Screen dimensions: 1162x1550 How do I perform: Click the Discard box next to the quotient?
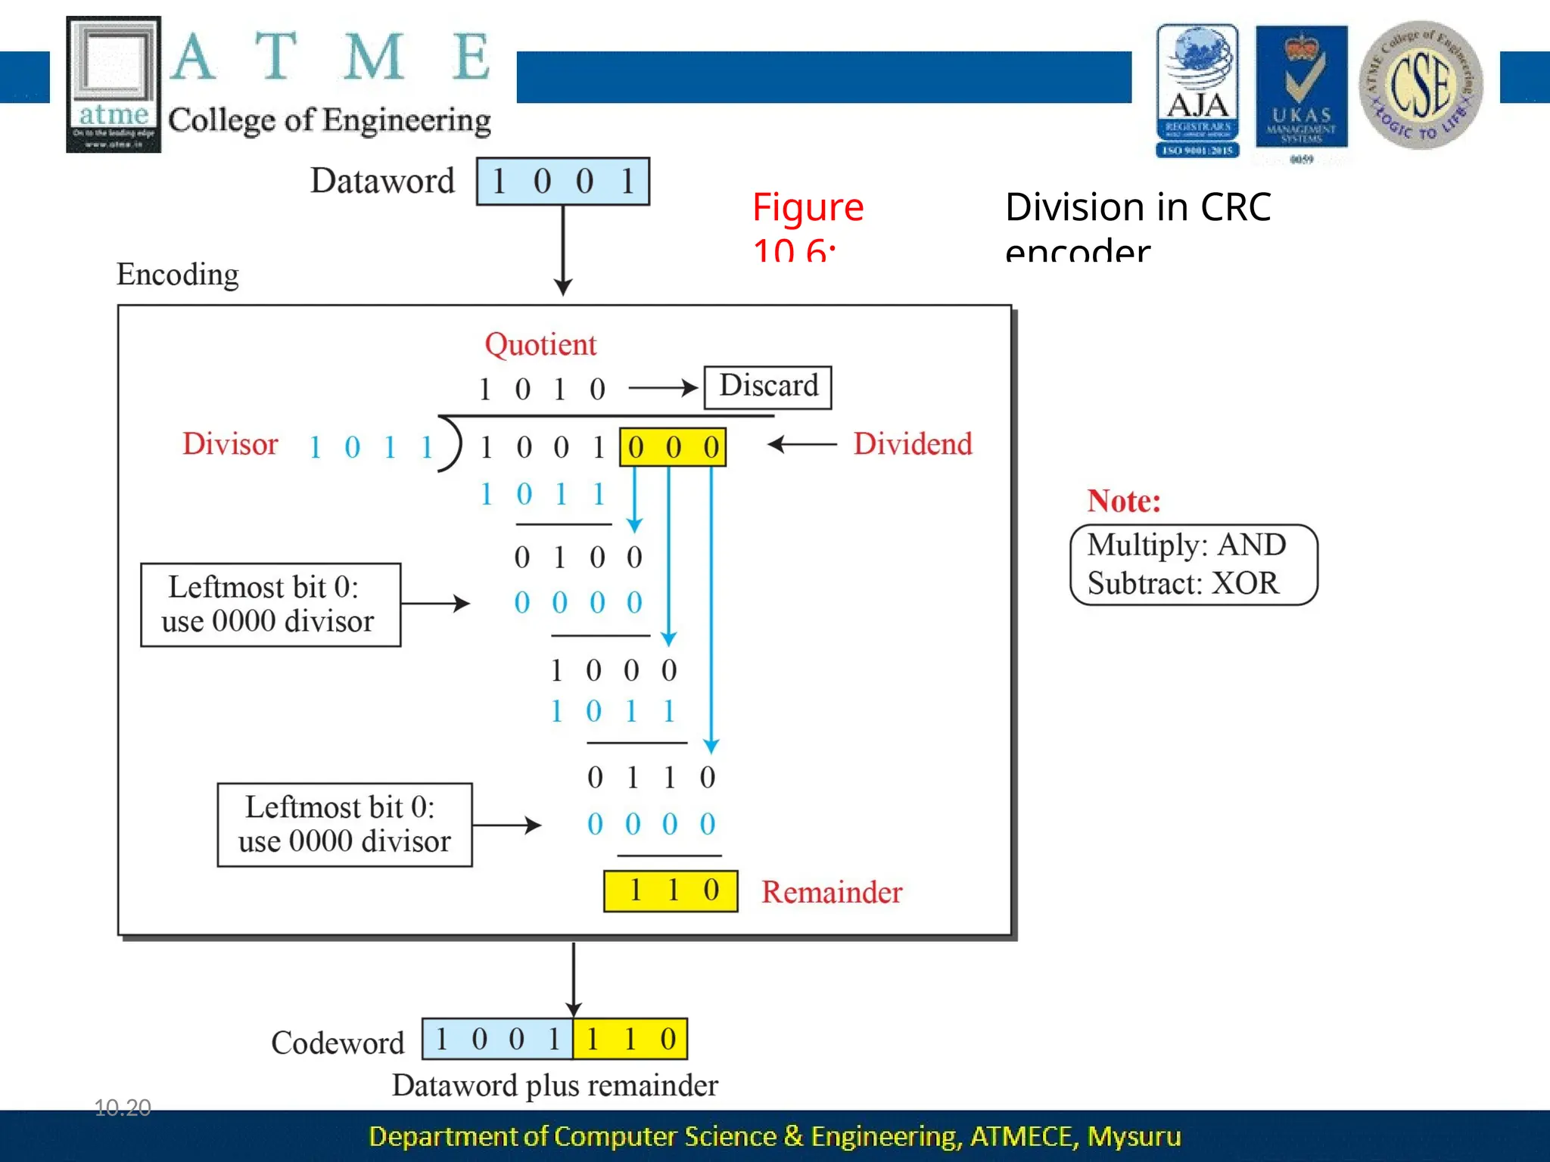tap(767, 387)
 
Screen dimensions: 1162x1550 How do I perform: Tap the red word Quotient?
tap(540, 345)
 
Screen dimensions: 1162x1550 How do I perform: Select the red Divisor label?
tap(230, 444)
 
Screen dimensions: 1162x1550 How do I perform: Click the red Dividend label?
tap(913, 444)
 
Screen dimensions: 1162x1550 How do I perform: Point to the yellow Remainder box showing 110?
tap(671, 891)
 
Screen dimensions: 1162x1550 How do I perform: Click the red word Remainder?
tap(832, 893)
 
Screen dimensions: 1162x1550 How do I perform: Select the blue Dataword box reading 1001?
tap(562, 182)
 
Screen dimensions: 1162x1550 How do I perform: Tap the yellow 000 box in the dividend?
tap(672, 447)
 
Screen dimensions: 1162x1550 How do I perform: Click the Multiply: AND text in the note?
tap(1186, 545)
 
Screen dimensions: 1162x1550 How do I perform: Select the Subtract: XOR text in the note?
tap(1182, 583)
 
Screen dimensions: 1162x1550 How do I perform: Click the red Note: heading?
tap(1123, 501)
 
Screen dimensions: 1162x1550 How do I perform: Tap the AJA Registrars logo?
tap(1197, 91)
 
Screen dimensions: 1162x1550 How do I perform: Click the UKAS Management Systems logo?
tap(1301, 91)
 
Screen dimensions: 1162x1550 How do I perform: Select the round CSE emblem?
tap(1420, 85)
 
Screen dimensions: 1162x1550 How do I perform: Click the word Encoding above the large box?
tap(177, 274)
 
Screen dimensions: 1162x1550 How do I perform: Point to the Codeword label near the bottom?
tap(338, 1043)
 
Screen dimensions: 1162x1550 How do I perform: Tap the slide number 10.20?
tap(123, 1108)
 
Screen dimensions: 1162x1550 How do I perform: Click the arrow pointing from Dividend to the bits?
tap(802, 444)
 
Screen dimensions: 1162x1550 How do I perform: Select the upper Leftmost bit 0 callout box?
tap(270, 604)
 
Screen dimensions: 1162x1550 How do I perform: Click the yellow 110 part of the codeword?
tap(630, 1039)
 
